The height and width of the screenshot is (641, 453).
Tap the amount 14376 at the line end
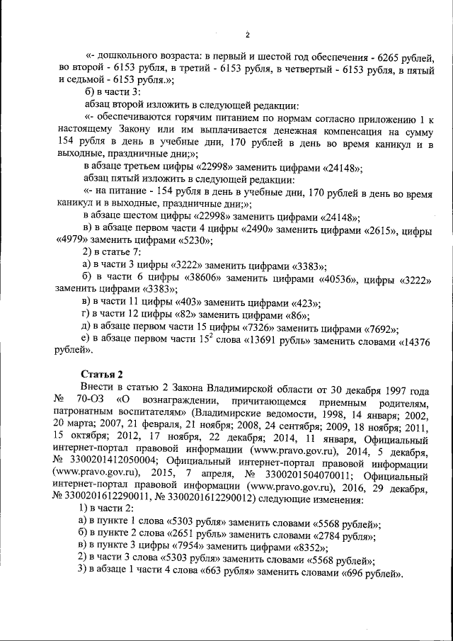coord(411,341)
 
